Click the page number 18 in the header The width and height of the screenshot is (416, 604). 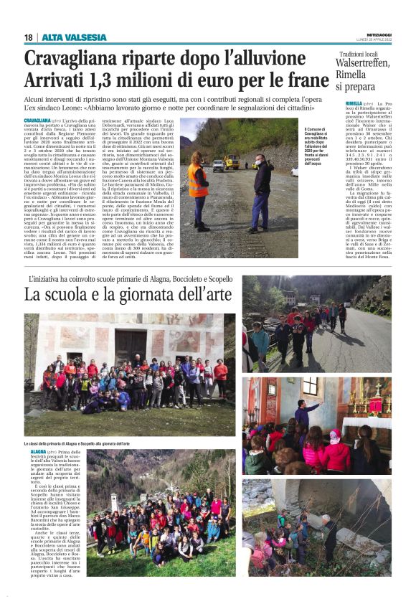click(x=28, y=37)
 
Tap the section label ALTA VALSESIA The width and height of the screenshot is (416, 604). click(x=75, y=37)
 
